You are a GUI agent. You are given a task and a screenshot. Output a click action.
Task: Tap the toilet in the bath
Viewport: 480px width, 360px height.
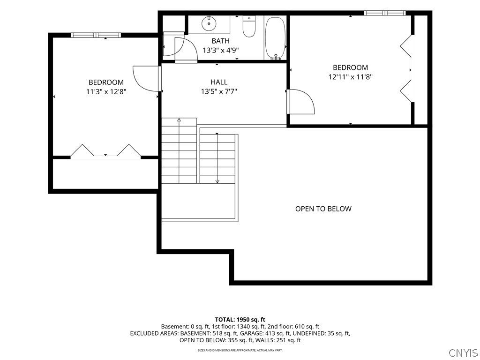(248, 26)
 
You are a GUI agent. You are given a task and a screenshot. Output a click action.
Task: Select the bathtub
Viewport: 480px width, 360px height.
(275, 38)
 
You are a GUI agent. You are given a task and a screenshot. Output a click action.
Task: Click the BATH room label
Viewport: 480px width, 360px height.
(220, 41)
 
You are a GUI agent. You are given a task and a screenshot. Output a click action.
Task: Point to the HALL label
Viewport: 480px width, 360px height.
(219, 82)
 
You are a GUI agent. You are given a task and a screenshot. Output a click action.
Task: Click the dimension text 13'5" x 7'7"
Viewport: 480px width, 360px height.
(219, 91)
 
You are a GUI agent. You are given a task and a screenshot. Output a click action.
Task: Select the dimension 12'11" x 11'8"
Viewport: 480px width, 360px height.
(350, 77)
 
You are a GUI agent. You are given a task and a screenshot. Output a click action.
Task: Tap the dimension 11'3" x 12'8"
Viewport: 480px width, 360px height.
(106, 91)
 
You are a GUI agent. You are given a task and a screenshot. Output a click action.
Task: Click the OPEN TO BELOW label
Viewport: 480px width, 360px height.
(323, 209)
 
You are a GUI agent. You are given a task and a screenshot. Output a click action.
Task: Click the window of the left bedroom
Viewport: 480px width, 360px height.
(96, 35)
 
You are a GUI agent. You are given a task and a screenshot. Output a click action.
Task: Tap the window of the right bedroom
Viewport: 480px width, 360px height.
(385, 13)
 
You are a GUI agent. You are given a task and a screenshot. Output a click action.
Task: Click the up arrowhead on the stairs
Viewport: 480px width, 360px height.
(179, 120)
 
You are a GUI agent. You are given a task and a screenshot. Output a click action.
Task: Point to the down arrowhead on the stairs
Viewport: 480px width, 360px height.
(217, 181)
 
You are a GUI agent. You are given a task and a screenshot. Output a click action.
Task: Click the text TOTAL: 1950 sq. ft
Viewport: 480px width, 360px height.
(240, 320)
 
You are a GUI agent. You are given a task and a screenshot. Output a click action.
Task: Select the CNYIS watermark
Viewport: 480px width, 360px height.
(464, 352)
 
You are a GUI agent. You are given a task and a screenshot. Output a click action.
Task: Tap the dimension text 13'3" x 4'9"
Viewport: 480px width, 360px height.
(220, 50)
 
